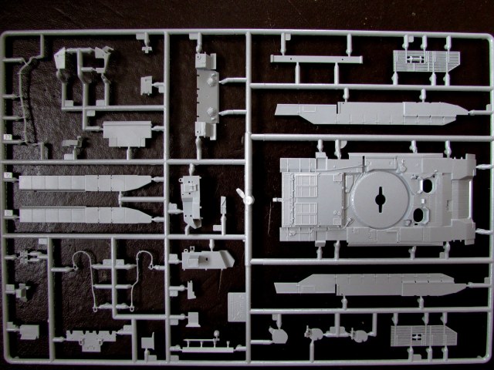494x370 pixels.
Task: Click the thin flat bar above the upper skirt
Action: pos(316,59)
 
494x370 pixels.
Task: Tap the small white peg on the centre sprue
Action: pos(242,196)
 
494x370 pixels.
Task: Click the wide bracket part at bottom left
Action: pos(92,338)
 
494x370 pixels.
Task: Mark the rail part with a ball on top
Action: pos(204,341)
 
